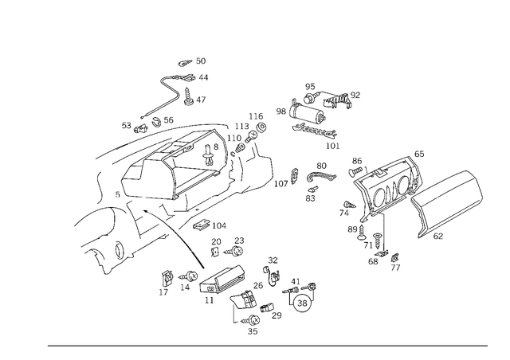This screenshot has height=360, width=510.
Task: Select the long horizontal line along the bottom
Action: coord(267,346)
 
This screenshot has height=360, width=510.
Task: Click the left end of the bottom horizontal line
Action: coord(48,346)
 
